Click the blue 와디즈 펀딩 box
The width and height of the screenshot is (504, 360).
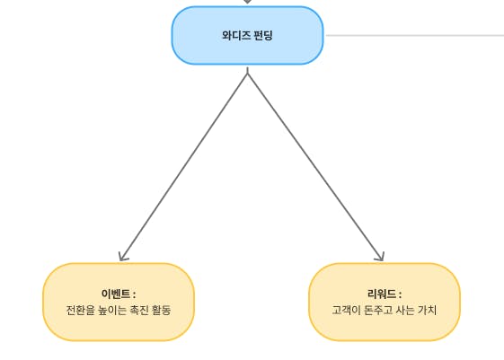[247, 35]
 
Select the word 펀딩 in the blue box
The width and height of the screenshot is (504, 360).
[263, 35]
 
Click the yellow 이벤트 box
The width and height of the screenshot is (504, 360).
[119, 302]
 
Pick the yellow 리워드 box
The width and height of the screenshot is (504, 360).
[385, 302]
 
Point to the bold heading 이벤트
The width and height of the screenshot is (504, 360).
[116, 294]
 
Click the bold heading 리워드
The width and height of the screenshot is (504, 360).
[382, 294]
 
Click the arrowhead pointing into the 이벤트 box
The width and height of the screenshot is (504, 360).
[122, 257]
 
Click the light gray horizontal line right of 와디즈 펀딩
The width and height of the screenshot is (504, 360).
[415, 35]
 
